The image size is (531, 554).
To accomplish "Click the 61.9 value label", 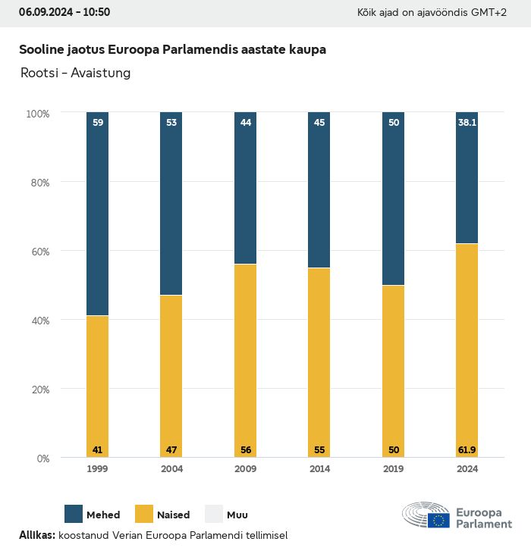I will (x=467, y=450).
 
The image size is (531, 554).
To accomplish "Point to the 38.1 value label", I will (x=467, y=122).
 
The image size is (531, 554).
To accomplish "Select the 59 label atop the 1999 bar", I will (x=97, y=122).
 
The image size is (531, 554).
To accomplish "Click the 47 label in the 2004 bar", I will (x=171, y=450).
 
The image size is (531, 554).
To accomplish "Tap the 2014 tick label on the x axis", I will (x=319, y=469).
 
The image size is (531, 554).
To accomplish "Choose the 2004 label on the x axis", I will (x=171, y=469).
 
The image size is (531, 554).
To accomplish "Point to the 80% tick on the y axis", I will (x=38, y=183).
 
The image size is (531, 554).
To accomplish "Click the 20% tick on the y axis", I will (x=38, y=390).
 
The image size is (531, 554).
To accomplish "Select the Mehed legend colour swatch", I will (x=74, y=514).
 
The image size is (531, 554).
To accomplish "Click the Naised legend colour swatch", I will (x=144, y=514).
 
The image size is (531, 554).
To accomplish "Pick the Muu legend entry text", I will (x=237, y=515).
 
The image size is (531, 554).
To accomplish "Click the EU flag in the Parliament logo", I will (x=438, y=520).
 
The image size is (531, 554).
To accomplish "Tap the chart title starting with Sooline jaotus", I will (x=172, y=49).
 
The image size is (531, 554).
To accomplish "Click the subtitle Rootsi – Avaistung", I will (x=75, y=73).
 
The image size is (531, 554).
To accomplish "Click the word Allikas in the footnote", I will (x=36, y=536).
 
